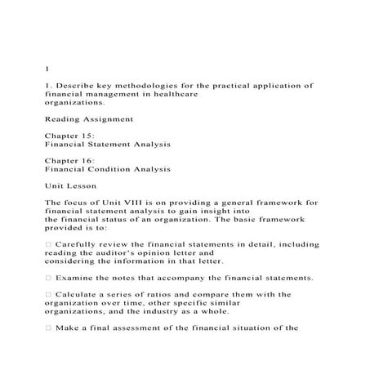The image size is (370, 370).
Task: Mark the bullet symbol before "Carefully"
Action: (x=48, y=244)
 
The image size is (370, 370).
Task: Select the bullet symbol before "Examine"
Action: (x=48, y=278)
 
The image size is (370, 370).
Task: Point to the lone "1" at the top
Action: (x=47, y=69)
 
